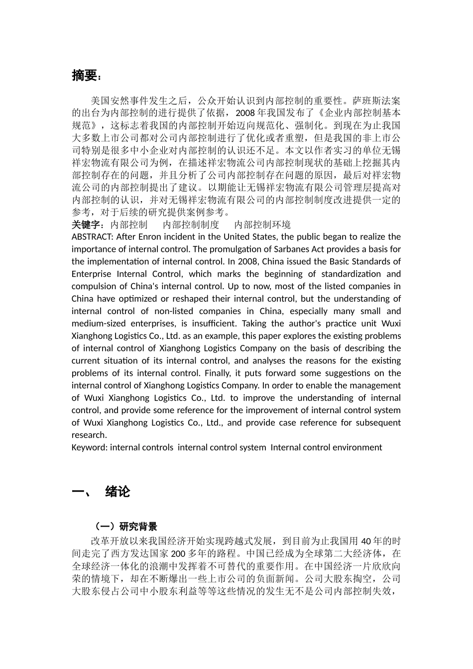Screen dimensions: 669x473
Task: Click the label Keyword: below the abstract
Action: pos(90,447)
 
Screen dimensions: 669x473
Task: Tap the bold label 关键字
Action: pos(86,225)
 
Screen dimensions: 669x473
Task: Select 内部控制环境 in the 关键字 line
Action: pos(262,225)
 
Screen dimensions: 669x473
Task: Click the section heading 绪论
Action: pos(118,492)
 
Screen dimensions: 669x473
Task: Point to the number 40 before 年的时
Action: pos(365,542)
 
